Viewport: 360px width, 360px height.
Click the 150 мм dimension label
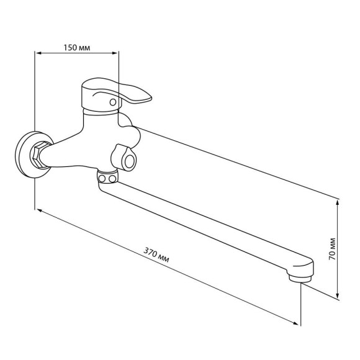tap(77, 48)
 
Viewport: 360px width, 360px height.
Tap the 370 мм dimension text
tap(156, 254)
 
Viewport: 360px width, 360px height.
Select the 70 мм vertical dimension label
tap(332, 249)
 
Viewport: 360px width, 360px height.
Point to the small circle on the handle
tap(113, 102)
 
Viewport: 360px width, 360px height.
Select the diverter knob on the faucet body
tap(124, 158)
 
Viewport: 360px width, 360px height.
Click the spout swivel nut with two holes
tap(107, 176)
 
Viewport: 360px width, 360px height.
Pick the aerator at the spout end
tap(300, 279)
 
